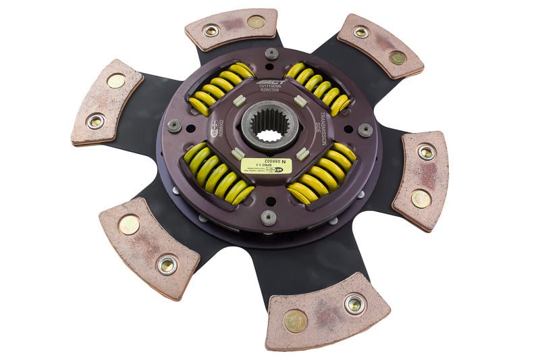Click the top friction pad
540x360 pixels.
click(x=232, y=28)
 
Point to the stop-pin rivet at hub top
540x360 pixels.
click(x=272, y=53)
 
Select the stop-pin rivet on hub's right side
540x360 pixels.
click(x=365, y=130)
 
